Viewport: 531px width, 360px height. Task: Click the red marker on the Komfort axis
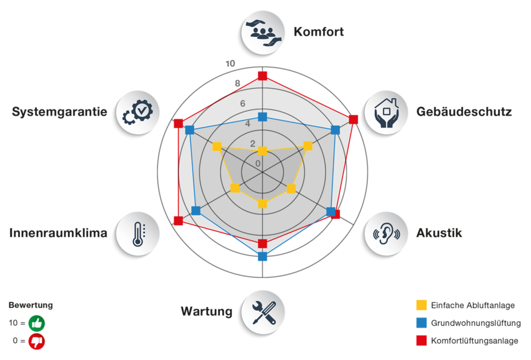(x=262, y=76)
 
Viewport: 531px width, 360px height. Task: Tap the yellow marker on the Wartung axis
(x=262, y=204)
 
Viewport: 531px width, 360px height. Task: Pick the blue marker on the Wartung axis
(x=262, y=256)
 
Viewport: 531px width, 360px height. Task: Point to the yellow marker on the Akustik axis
(x=290, y=188)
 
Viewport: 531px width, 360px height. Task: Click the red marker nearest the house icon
(x=354, y=119)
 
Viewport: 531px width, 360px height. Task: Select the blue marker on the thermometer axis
(x=196, y=211)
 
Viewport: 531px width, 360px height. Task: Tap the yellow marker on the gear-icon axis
(x=217, y=147)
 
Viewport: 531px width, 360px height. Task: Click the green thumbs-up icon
(x=37, y=324)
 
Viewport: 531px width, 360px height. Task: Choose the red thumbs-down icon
(x=37, y=341)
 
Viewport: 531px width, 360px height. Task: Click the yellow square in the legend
(x=422, y=306)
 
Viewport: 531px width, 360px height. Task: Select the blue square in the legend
(x=422, y=323)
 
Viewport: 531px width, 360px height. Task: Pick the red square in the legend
(x=422, y=341)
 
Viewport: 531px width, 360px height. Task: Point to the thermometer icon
(x=137, y=232)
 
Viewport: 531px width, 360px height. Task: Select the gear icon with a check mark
(x=136, y=112)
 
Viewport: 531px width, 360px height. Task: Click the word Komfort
(x=319, y=31)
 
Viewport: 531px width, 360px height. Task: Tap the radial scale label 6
(x=242, y=103)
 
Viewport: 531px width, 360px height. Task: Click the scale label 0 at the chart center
(x=258, y=164)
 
